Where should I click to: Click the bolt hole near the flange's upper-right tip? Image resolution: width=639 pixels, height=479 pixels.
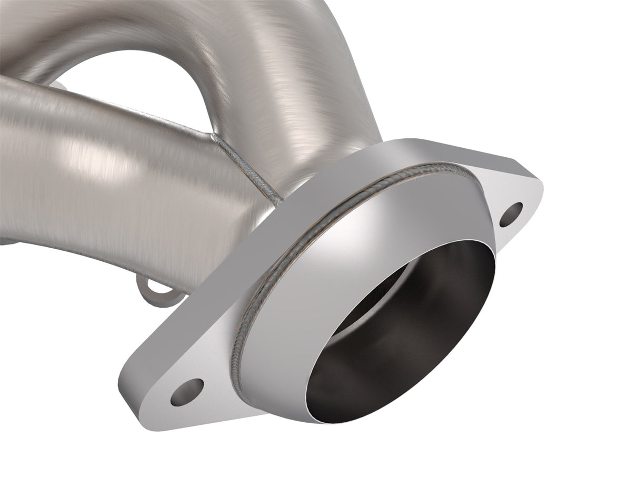[511, 215]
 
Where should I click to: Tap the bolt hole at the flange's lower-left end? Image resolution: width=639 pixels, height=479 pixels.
[187, 392]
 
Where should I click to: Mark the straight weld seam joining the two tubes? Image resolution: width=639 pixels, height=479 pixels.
[247, 166]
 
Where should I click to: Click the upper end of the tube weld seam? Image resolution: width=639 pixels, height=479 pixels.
[215, 136]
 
